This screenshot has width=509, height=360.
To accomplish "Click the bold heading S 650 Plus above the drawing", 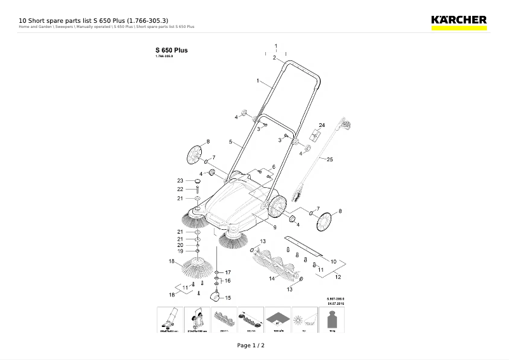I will click(x=171, y=50).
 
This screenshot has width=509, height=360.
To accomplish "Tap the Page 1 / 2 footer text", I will click(x=251, y=345).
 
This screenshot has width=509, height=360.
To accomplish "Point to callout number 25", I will click(x=329, y=160).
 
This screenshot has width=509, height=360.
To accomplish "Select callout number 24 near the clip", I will click(x=322, y=125).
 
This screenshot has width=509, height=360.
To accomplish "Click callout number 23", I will click(x=180, y=181).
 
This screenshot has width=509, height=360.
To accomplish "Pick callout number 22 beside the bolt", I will click(x=180, y=189).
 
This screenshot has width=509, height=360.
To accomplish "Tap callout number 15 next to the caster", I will click(x=228, y=298).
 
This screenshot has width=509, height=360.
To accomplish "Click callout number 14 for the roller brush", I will click(x=271, y=278).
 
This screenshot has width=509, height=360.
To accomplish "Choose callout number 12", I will click(x=338, y=277).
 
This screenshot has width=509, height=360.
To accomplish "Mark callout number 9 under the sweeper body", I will click(x=275, y=227).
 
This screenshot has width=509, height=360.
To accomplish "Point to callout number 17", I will click(x=228, y=272).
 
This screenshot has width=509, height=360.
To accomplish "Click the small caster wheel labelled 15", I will click(x=216, y=295).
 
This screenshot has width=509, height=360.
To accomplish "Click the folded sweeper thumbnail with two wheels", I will click(x=197, y=321).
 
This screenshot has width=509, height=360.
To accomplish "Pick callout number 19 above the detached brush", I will click(x=180, y=251).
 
